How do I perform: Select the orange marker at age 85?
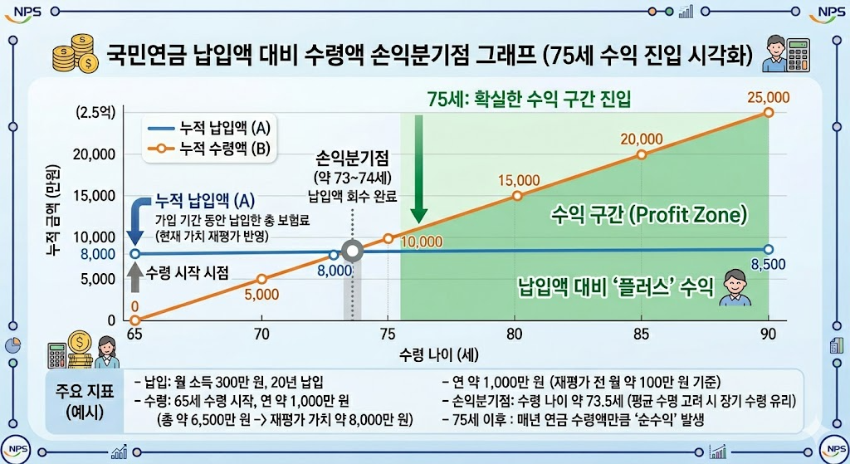641,154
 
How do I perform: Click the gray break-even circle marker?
354,252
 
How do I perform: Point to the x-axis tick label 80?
515,335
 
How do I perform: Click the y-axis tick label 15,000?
94,196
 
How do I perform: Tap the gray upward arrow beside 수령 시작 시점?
134,275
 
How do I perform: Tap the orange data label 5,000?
261,294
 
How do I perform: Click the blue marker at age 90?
769,250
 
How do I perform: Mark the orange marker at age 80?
517,196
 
